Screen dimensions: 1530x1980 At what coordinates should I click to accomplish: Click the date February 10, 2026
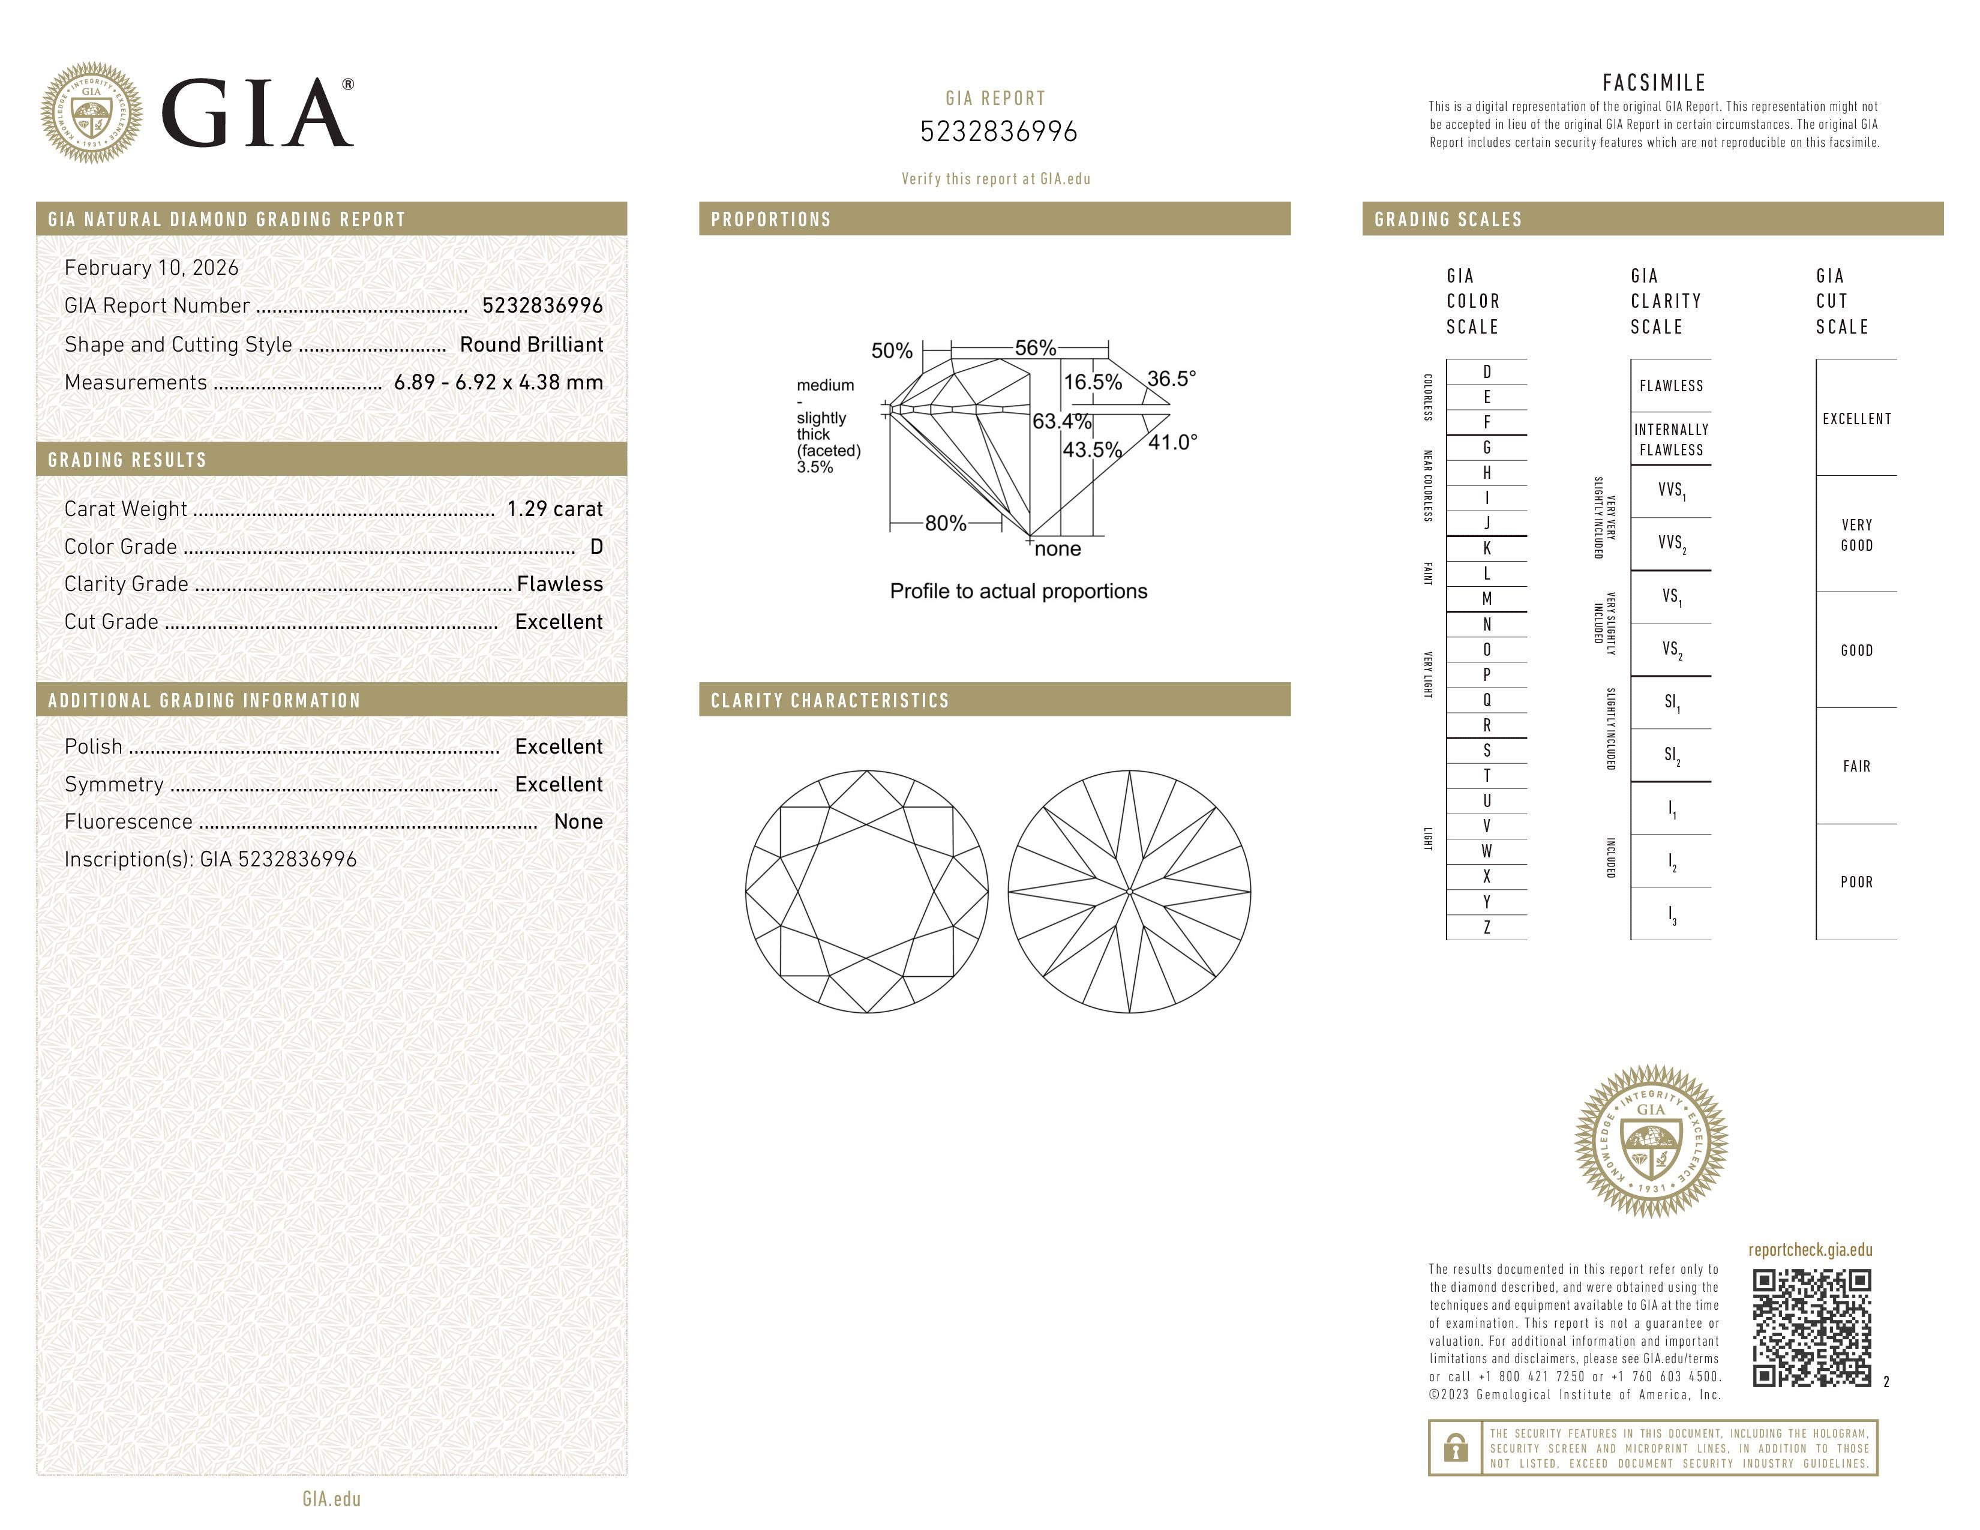click(151, 268)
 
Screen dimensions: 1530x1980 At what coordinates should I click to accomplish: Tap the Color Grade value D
click(596, 547)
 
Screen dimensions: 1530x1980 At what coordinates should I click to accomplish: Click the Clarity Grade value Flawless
click(559, 584)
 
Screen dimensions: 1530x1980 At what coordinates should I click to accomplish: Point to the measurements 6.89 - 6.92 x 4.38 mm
click(498, 383)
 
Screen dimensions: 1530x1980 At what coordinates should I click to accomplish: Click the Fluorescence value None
click(577, 821)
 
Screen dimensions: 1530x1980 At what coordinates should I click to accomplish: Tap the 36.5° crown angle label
click(1171, 378)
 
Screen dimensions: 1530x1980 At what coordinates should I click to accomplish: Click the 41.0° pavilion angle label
click(1172, 442)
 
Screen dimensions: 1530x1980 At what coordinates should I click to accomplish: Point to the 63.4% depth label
click(1061, 421)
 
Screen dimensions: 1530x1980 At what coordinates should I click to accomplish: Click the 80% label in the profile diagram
click(944, 523)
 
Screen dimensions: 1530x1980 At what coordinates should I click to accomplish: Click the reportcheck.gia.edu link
click(1810, 1250)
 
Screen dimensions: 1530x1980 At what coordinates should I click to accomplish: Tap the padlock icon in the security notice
click(1455, 1448)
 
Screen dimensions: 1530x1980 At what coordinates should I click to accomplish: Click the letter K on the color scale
click(1487, 548)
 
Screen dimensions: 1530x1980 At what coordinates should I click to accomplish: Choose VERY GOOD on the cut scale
click(1856, 535)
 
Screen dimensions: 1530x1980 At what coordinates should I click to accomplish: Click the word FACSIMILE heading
click(1654, 82)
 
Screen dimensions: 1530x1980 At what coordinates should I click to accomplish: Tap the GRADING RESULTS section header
click(127, 460)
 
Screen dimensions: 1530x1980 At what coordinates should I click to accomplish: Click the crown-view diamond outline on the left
click(867, 891)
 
